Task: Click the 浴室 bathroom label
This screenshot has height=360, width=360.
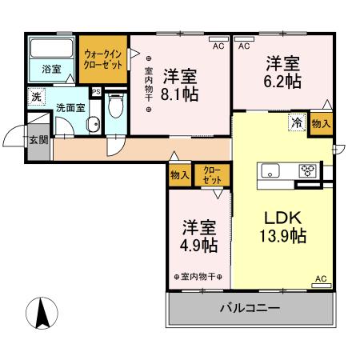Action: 52,70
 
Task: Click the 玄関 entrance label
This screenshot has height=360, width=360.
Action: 38,139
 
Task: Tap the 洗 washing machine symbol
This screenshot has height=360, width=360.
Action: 37,97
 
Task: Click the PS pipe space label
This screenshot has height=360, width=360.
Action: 96,92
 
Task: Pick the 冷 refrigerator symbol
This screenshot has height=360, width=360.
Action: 296,123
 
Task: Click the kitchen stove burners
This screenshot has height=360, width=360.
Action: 308,170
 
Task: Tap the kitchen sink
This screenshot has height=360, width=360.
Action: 269,169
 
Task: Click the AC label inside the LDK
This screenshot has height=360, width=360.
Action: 321,278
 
